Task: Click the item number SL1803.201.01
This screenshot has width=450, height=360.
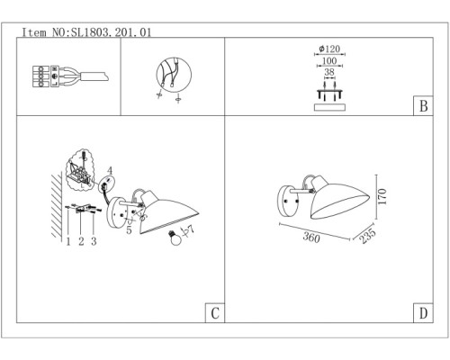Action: (x=111, y=32)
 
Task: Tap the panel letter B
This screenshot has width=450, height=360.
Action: (x=423, y=106)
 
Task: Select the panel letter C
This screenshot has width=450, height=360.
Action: (x=215, y=313)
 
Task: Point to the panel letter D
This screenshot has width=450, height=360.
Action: (x=423, y=313)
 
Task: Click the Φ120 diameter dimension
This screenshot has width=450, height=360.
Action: (x=329, y=49)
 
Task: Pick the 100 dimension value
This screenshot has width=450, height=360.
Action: (x=329, y=61)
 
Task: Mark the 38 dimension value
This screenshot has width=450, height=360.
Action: (x=329, y=72)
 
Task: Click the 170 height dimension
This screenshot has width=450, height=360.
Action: (x=382, y=197)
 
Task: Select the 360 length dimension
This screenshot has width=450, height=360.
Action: (x=311, y=238)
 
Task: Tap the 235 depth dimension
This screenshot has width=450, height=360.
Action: (x=367, y=236)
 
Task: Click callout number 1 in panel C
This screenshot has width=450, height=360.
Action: (x=68, y=241)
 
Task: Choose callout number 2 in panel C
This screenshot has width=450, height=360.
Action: (x=81, y=241)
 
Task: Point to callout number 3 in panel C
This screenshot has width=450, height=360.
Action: (x=94, y=241)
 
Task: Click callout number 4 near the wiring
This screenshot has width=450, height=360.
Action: (x=110, y=171)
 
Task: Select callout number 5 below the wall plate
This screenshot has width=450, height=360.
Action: (x=129, y=230)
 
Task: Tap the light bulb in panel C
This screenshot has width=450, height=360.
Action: (x=175, y=238)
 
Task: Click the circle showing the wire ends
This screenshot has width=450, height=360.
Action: (x=174, y=75)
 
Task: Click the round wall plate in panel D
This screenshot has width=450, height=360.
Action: (x=289, y=201)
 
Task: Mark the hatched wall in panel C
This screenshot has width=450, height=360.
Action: (x=57, y=205)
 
